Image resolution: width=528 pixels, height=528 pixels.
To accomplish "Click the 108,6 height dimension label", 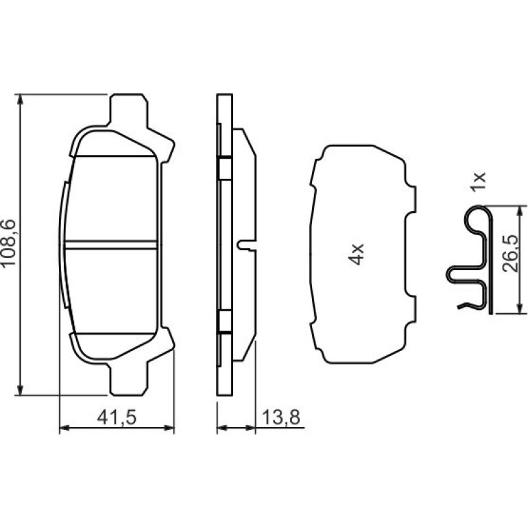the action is pyautogui.click(x=8, y=243).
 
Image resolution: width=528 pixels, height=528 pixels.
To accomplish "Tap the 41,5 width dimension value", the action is pyautogui.click(x=117, y=418).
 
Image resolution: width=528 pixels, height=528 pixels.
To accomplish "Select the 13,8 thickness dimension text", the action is pyautogui.click(x=280, y=418).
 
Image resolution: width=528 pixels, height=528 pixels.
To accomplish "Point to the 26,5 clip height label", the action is pyautogui.click(x=509, y=253).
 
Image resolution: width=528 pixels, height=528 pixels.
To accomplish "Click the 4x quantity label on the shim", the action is pyautogui.click(x=356, y=254).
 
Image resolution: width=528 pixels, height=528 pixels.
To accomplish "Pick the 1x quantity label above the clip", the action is pyautogui.click(x=479, y=182).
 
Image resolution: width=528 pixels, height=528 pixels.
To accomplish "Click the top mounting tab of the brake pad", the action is pyautogui.click(x=128, y=110).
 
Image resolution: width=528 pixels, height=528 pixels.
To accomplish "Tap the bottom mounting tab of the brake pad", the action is pyautogui.click(x=128, y=379).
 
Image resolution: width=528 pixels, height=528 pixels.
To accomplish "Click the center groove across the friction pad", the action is pyautogui.click(x=110, y=245).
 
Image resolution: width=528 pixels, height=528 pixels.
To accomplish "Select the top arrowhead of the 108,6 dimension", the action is pyautogui.click(x=20, y=99).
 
